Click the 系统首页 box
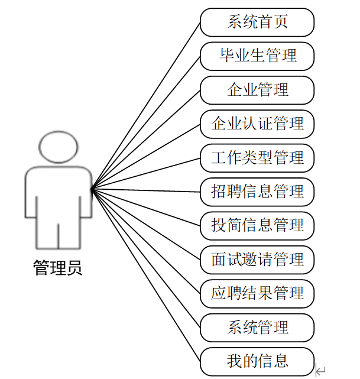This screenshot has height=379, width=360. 257,22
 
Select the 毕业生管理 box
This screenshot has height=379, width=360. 257,56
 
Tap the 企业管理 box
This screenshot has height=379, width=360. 257,90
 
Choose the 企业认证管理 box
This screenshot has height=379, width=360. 257,124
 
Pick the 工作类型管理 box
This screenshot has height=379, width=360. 257,158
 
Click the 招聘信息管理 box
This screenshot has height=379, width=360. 257,192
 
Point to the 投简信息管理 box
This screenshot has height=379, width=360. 257,225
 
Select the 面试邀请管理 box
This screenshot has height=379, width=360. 257,259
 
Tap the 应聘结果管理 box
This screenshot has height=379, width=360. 257,293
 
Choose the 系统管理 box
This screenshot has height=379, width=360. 257,327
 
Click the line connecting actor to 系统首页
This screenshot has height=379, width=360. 146,106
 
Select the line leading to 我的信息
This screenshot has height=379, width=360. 146,275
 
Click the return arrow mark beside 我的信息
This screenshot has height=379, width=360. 320,371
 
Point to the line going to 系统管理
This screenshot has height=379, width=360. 146,258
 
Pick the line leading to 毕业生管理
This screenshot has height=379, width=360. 146,123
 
